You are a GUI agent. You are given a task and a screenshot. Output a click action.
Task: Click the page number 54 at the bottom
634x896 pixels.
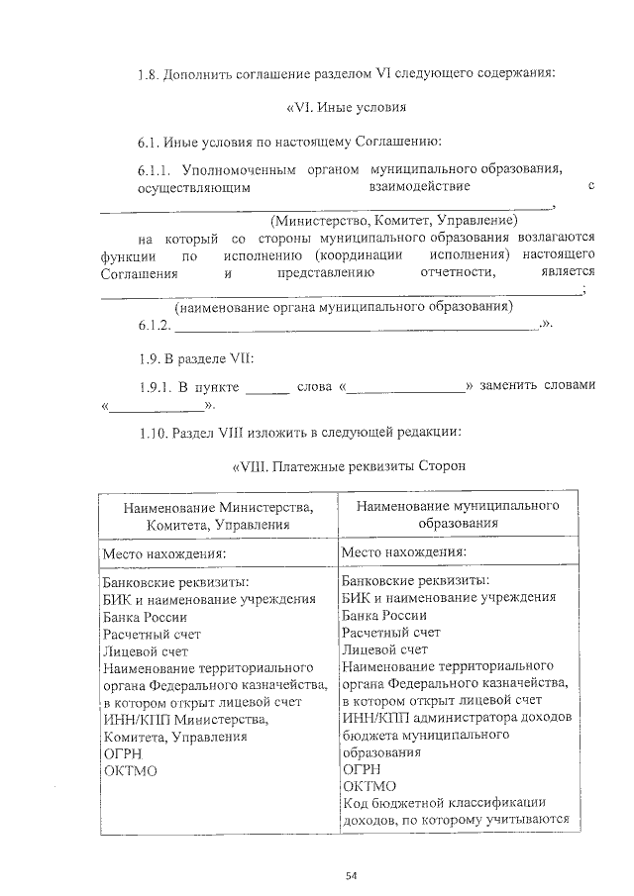(351, 874)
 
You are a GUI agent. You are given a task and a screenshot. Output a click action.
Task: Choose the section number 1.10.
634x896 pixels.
(154, 433)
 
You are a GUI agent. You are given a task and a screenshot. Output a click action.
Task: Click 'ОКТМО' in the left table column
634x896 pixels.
(130, 770)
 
